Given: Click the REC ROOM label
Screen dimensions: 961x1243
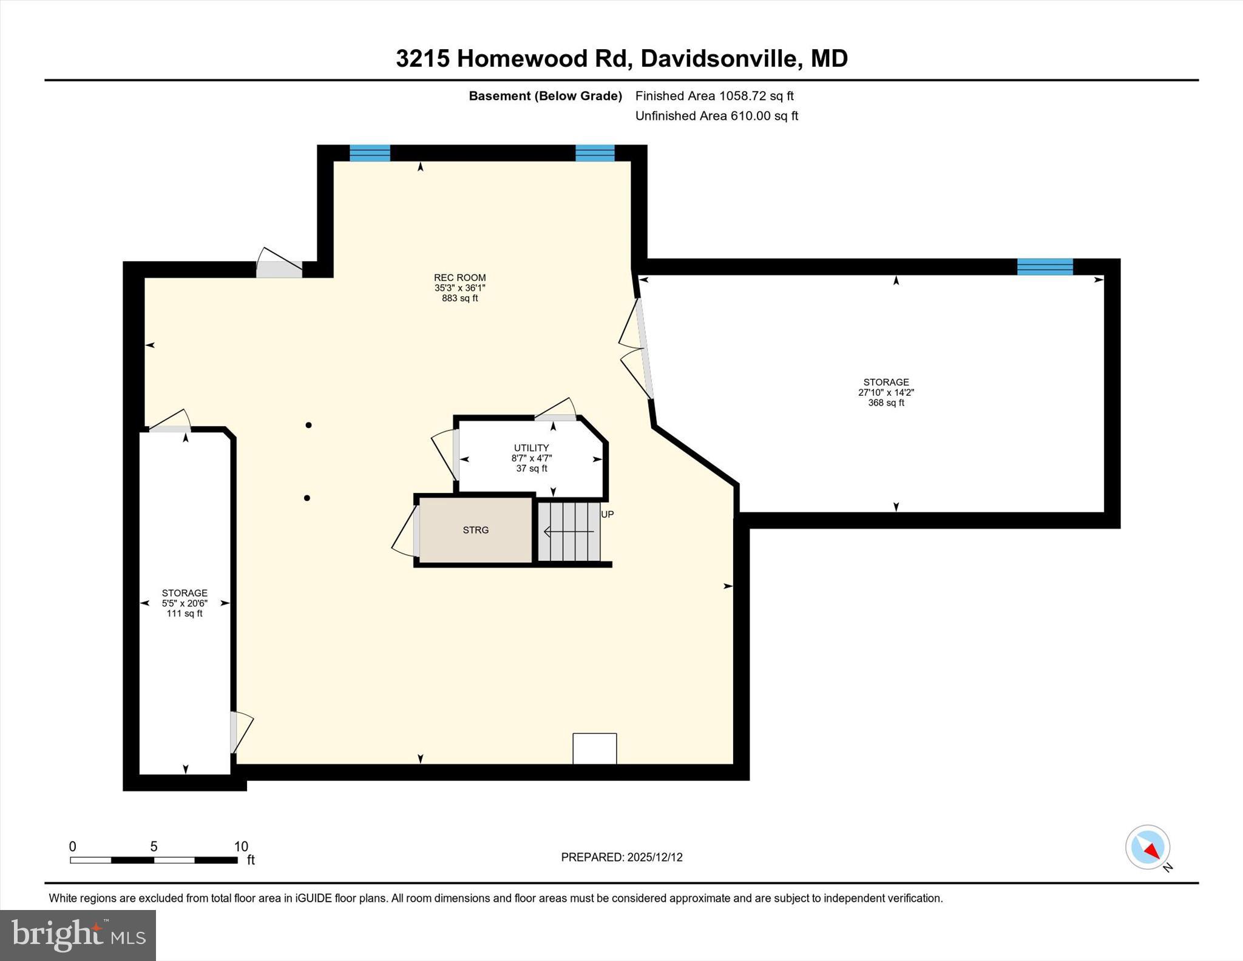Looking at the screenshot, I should coord(459,278).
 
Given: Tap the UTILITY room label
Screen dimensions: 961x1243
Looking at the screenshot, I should coord(531,448).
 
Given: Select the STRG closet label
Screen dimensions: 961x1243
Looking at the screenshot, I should coord(475,530).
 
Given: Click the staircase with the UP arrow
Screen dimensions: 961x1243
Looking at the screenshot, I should coord(569,532).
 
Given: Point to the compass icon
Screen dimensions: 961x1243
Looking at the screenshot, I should coord(1147,847).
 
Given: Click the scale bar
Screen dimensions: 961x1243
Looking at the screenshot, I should coord(153,860).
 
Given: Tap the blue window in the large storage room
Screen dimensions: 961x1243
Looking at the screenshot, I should coord(1045,267).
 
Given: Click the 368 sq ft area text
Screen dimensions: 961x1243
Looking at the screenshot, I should coord(886,402).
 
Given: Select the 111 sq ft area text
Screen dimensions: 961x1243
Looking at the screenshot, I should coord(185,614).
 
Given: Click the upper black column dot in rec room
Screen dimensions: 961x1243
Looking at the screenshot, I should coord(308,425).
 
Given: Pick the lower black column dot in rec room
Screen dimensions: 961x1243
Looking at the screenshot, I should coord(307,498).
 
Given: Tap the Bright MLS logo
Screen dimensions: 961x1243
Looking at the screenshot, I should coord(78,935).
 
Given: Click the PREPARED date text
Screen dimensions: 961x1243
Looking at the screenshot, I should coord(621,857).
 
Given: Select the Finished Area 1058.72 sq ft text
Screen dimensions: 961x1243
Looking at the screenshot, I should coord(714,96).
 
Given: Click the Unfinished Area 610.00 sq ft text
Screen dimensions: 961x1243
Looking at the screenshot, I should coord(716,116).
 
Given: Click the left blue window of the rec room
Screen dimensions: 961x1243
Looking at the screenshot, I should coord(370,153).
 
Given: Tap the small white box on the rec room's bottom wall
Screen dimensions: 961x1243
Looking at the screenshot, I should coord(594,749).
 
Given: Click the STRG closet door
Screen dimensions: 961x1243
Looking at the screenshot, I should coord(416,530).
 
